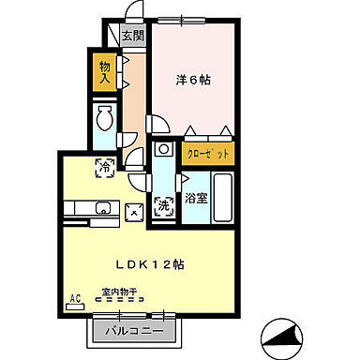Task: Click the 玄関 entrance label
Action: [x=132, y=37]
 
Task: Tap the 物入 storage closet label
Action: [x=105, y=72]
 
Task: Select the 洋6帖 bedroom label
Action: [x=193, y=80]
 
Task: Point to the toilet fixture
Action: [x=105, y=120]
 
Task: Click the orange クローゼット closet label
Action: [x=207, y=153]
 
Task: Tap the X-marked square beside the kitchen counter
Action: [x=135, y=212]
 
